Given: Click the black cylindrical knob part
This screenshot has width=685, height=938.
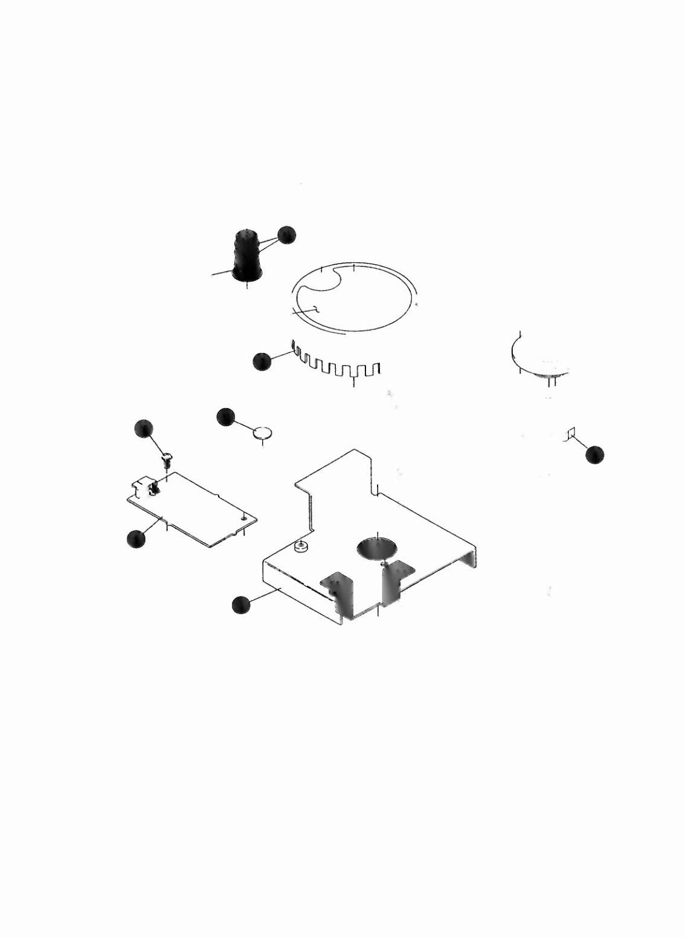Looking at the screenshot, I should click(x=246, y=257).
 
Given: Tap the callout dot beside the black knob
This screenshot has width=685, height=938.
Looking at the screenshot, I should click(x=287, y=234).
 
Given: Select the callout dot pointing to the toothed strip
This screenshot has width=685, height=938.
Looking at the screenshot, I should click(x=262, y=361).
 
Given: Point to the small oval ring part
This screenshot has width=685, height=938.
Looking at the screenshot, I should click(x=263, y=433).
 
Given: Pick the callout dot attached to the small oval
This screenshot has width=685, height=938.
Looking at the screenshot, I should click(x=225, y=416).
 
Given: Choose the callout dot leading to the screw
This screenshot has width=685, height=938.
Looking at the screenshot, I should click(x=144, y=428).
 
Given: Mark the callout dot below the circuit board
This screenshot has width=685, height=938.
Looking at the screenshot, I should click(x=137, y=539).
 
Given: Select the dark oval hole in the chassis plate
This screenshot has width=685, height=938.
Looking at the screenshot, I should click(x=377, y=548).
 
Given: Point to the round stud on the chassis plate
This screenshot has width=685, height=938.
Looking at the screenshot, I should click(x=300, y=547).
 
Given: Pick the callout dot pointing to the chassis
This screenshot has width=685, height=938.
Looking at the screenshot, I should click(x=241, y=605).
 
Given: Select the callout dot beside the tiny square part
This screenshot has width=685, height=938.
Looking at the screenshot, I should click(x=594, y=454).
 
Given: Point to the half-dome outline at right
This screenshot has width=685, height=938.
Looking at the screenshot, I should click(x=538, y=357).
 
